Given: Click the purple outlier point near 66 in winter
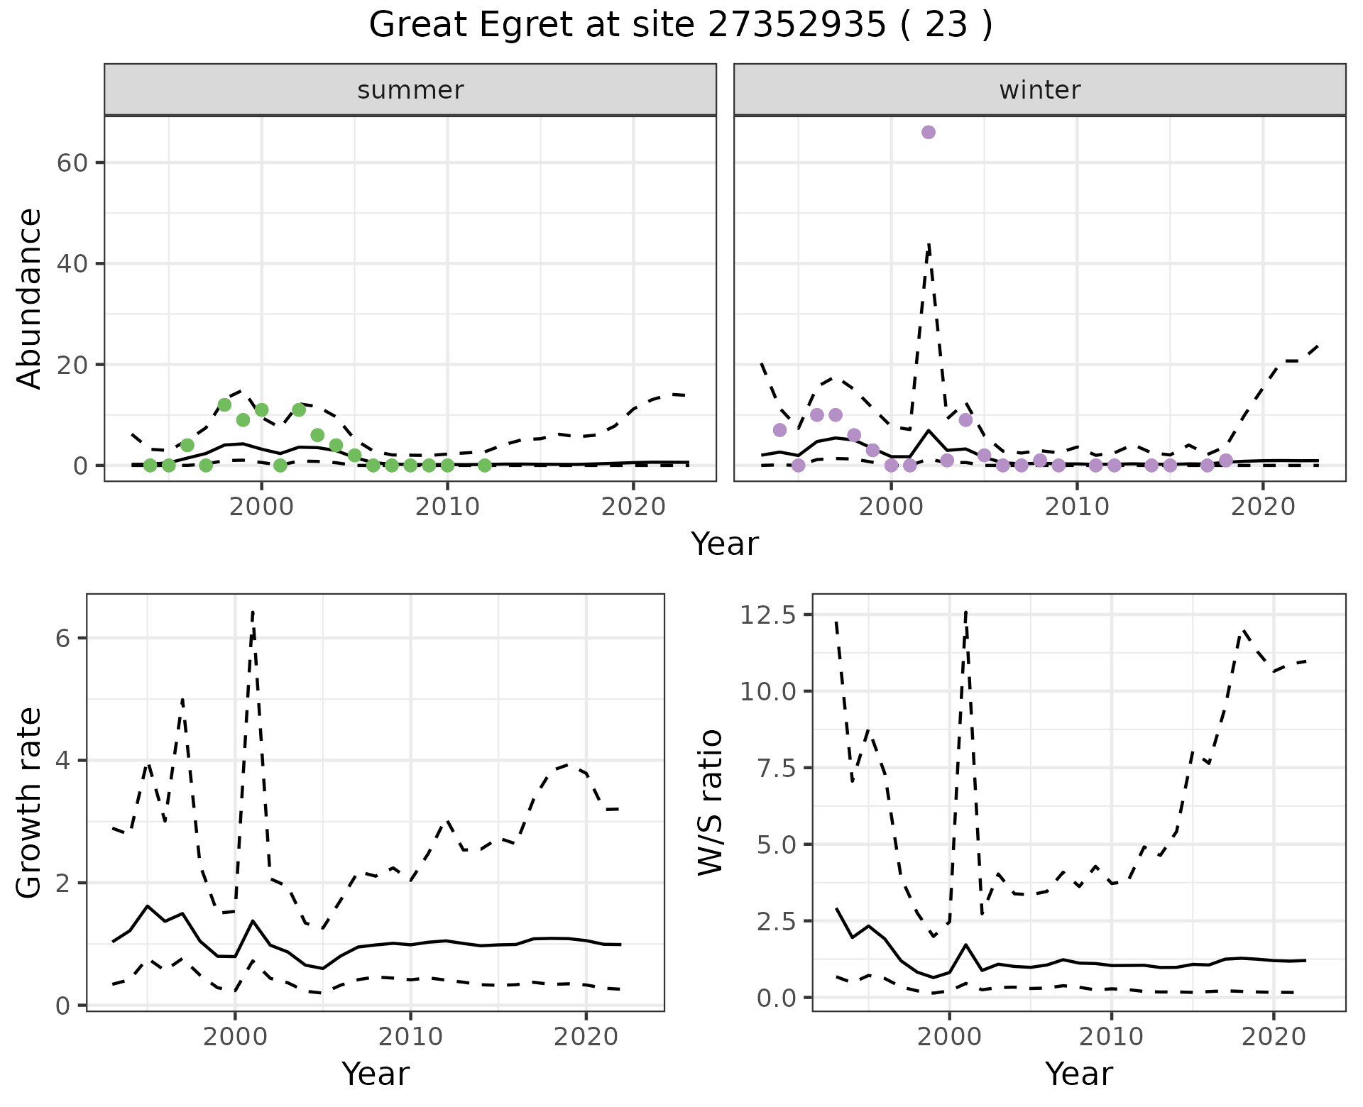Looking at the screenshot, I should point(928,133).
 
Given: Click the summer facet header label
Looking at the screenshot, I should point(410,90).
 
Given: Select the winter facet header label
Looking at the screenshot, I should point(1039,90).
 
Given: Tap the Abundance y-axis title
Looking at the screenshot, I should point(30,299).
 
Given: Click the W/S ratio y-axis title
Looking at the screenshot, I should point(710,803).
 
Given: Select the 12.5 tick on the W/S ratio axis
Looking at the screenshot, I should point(767,615).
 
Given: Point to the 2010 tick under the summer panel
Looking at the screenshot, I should point(447,507).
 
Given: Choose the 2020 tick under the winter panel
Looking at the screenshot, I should point(1262,507).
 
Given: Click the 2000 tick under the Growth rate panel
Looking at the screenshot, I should point(235,1037).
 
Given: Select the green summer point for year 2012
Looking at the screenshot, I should point(484,466).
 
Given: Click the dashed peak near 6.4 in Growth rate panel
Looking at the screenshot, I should point(253,611).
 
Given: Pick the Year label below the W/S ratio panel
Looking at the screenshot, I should point(1078,1074).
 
